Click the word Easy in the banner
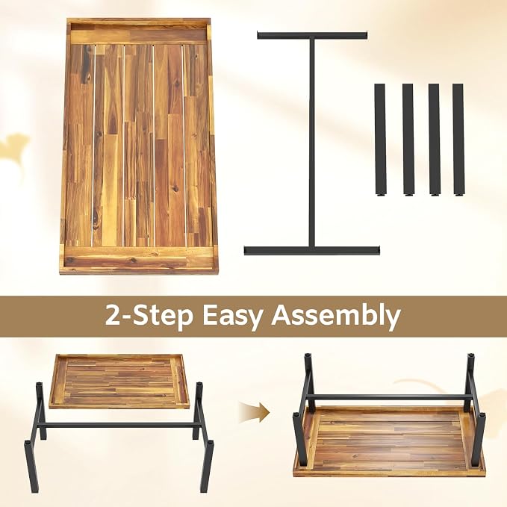231,317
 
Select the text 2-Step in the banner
149,316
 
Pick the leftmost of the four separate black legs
381,140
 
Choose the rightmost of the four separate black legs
458,140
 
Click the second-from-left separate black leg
408,140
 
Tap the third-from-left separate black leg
434,140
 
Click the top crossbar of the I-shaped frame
312,35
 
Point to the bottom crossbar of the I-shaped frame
311,250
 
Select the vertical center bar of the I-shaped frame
311,143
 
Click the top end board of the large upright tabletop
138,33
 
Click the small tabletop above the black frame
119,381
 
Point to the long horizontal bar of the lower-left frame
118,426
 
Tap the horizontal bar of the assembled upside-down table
387,396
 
